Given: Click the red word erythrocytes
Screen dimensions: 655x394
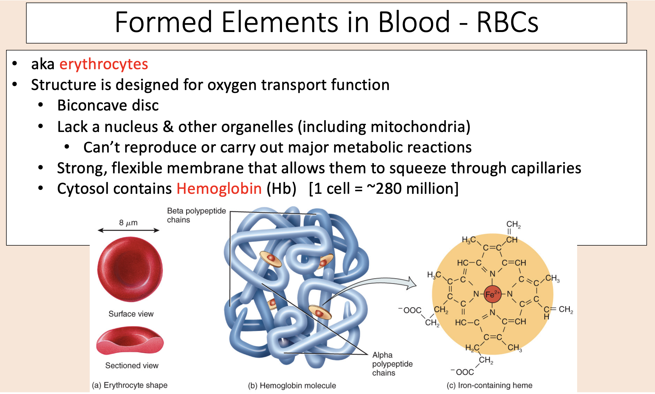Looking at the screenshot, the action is [x=104, y=64].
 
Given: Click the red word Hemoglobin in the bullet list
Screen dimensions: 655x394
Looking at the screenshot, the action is [x=219, y=188].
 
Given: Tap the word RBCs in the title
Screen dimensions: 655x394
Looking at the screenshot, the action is [x=508, y=22].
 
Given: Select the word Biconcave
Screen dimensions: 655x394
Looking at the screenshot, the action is [x=92, y=105].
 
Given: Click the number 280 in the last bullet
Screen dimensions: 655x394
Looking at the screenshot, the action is [x=388, y=188].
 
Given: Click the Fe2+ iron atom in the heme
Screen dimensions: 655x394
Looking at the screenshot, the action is [x=492, y=294].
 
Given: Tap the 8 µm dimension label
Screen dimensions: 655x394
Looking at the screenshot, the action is [x=128, y=223].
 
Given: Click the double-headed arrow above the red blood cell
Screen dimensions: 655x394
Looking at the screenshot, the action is [x=129, y=230].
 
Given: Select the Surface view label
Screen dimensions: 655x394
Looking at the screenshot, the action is [x=131, y=314].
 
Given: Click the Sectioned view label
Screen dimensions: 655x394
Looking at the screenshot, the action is [x=132, y=365].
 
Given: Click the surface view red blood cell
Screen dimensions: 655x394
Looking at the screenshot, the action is [x=130, y=269].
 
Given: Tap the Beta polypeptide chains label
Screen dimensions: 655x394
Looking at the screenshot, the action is [x=196, y=215].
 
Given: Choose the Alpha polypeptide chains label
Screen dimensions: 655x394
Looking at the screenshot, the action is [x=392, y=364].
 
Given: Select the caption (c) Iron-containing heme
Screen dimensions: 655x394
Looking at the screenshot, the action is [x=489, y=385].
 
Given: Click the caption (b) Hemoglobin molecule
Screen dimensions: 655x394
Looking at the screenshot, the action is [x=292, y=385].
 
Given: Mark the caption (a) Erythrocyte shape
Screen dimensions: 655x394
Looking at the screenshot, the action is [x=130, y=385].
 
